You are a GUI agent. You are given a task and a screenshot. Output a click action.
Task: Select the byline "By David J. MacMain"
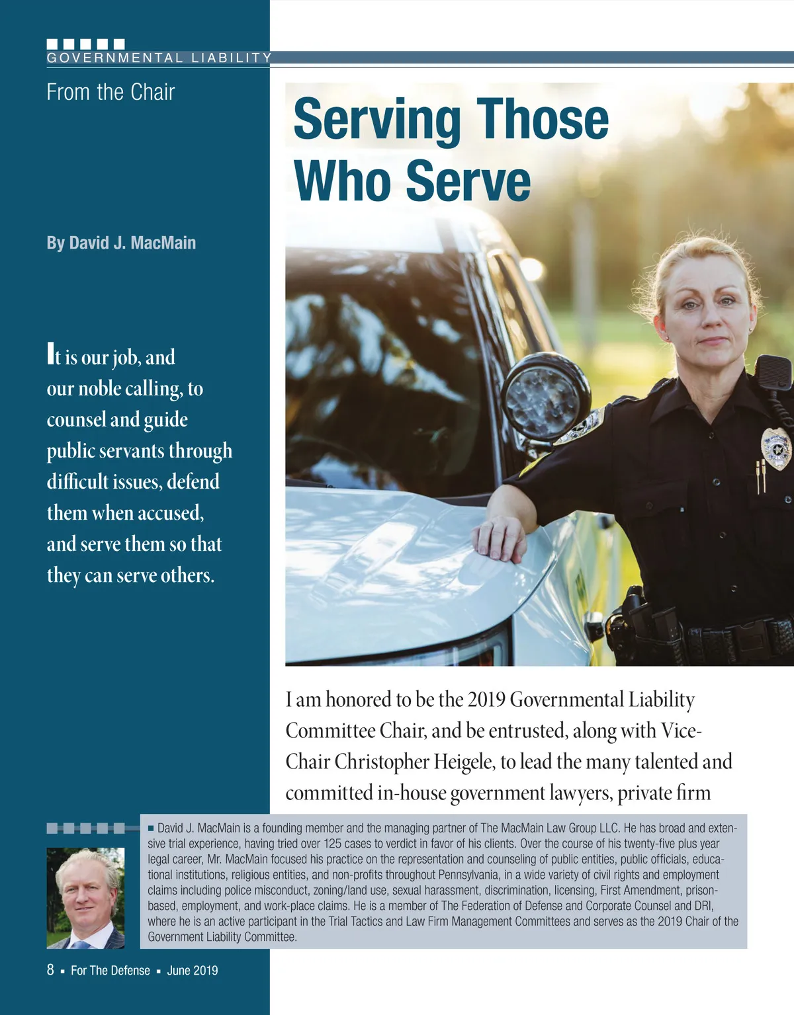pos(121,243)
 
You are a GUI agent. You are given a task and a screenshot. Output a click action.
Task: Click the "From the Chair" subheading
pos(110,92)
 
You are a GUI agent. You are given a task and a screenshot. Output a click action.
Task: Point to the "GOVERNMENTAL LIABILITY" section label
pos(159,58)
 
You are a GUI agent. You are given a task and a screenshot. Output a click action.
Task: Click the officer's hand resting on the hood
pos(498,538)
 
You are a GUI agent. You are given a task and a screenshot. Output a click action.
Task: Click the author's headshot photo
pos(85,897)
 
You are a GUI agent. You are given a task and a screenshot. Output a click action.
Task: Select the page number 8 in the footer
pos(50,970)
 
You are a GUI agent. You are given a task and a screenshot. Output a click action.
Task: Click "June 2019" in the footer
pos(192,971)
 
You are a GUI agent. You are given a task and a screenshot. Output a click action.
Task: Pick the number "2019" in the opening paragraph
pos(486,700)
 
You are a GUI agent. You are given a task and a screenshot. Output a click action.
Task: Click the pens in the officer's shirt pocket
pos(760,474)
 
